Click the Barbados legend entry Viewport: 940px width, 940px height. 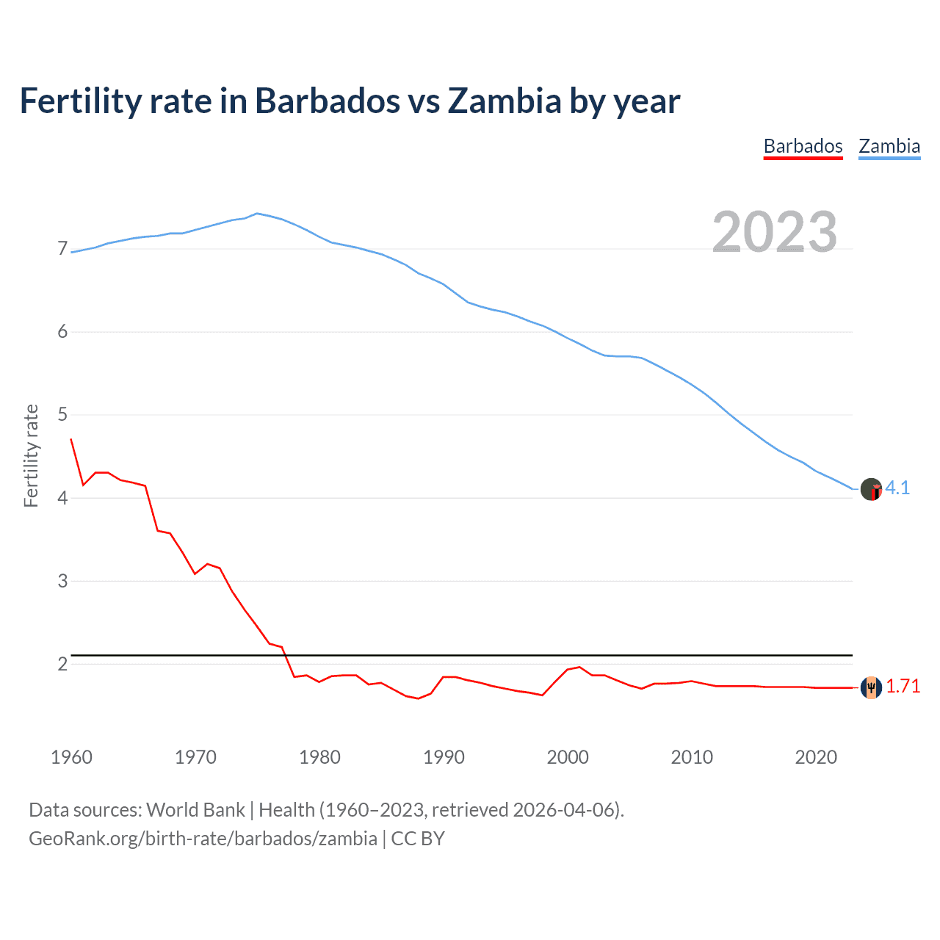click(803, 146)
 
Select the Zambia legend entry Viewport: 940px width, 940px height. click(889, 146)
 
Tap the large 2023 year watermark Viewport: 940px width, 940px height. click(775, 232)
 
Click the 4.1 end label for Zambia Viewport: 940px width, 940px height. click(897, 488)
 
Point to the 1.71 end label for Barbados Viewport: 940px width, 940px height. click(903, 687)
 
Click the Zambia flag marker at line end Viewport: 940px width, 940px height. click(871, 489)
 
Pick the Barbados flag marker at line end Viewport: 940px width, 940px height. click(871, 687)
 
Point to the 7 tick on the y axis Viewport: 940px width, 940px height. click(62, 249)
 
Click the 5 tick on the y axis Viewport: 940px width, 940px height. click(62, 415)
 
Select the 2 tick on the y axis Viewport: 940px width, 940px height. click(62, 664)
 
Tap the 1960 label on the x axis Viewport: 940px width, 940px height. click(71, 757)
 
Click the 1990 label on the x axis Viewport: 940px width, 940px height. click(444, 757)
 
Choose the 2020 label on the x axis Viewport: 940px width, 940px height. click(816, 757)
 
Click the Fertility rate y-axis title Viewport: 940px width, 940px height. click(31, 455)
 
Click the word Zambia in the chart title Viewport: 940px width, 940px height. click(505, 101)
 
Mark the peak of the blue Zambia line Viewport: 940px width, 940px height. click(256, 214)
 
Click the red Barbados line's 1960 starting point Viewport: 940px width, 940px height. click(71, 439)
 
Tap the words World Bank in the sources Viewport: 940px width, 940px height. click(195, 810)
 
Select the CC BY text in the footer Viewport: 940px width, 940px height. click(418, 839)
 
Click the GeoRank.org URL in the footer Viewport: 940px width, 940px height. click(203, 839)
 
